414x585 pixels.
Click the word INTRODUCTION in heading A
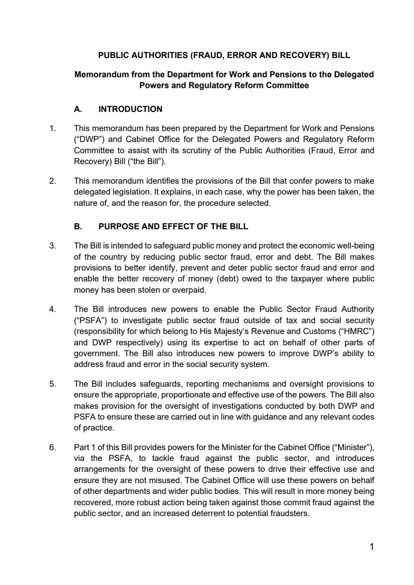click(x=130, y=109)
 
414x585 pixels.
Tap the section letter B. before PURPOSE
click(x=78, y=227)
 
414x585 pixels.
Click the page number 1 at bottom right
click(x=371, y=547)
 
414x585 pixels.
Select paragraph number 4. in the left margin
click(x=53, y=309)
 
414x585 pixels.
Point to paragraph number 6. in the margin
click(x=53, y=448)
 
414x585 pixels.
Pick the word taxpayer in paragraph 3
click(x=304, y=279)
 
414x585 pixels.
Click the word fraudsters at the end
click(x=288, y=514)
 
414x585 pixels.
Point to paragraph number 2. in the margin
click(x=53, y=181)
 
